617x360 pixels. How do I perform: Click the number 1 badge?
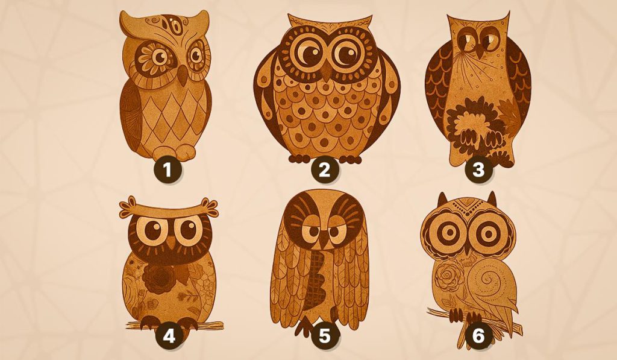tap(168, 171)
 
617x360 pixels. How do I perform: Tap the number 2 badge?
tap(324, 171)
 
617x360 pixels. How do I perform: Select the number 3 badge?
tap(478, 171)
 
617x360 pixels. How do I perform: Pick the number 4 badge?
tap(169, 336)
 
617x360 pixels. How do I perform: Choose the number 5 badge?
tap(324, 336)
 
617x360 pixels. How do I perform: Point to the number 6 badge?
tap(478, 336)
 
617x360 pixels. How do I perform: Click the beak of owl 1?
tap(182, 75)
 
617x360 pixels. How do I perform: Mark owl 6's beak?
tap(467, 249)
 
